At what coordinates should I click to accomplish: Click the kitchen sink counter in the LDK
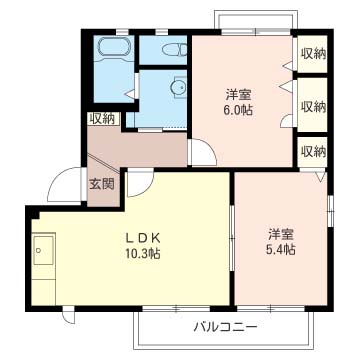pyautogui.click(x=45, y=256)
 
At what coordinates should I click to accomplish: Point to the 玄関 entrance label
pyautogui.click(x=101, y=184)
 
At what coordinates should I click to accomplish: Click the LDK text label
pyautogui.click(x=143, y=237)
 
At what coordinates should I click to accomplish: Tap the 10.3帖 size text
pyautogui.click(x=143, y=254)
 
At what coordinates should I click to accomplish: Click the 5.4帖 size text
pyautogui.click(x=281, y=250)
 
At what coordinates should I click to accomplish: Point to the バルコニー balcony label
pyautogui.click(x=226, y=327)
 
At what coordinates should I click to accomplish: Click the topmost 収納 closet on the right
pyautogui.click(x=313, y=56)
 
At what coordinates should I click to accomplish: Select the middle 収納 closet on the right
pyautogui.click(x=313, y=106)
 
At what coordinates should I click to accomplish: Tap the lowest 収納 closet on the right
pyautogui.click(x=313, y=151)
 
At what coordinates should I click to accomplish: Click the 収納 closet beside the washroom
pyautogui.click(x=102, y=118)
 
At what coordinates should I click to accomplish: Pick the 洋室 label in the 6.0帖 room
pyautogui.click(x=237, y=95)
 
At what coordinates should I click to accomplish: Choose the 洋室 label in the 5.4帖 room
pyautogui.click(x=281, y=234)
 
